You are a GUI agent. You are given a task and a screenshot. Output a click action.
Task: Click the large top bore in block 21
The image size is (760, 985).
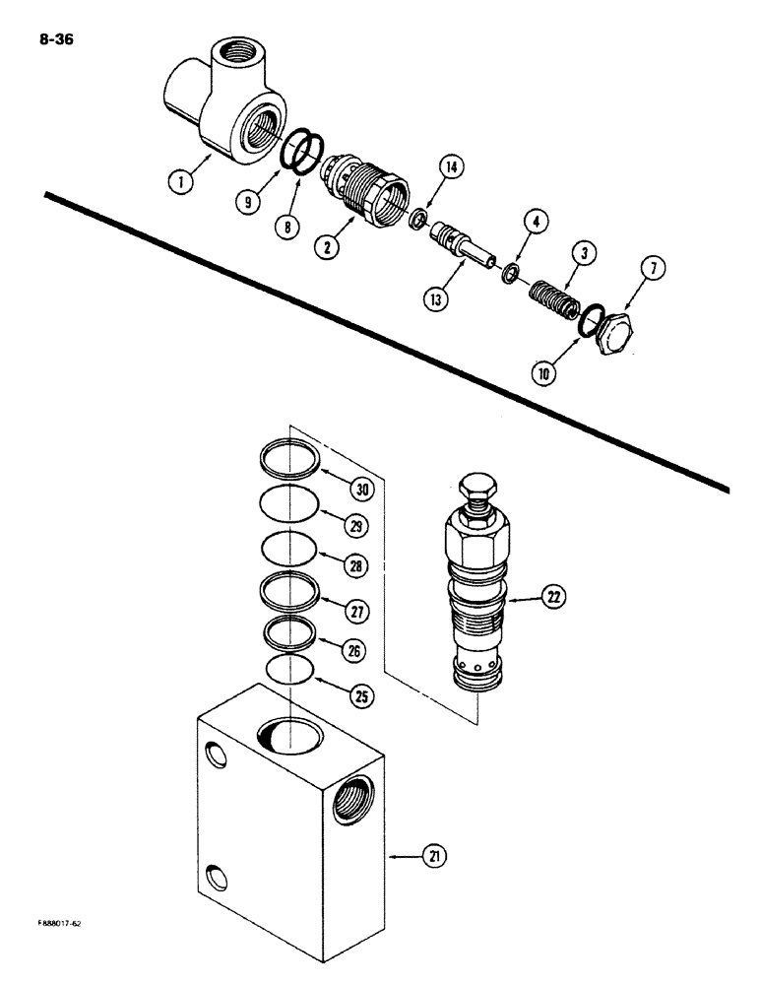point(289,731)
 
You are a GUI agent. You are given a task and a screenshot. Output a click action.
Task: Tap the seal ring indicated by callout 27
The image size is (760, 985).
point(292,593)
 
